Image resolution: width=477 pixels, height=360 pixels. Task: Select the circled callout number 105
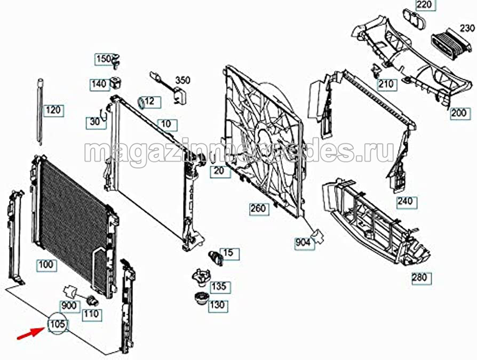(58, 324)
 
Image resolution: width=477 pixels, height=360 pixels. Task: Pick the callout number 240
(407, 202)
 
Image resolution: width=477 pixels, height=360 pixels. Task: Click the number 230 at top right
(467, 28)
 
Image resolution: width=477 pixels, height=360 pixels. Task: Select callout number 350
(182, 80)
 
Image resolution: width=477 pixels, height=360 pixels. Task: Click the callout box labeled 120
(54, 110)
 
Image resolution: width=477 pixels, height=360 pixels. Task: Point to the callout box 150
(104, 59)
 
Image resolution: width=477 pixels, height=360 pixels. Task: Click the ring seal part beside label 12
(141, 103)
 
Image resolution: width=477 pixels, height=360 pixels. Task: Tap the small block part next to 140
(115, 83)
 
